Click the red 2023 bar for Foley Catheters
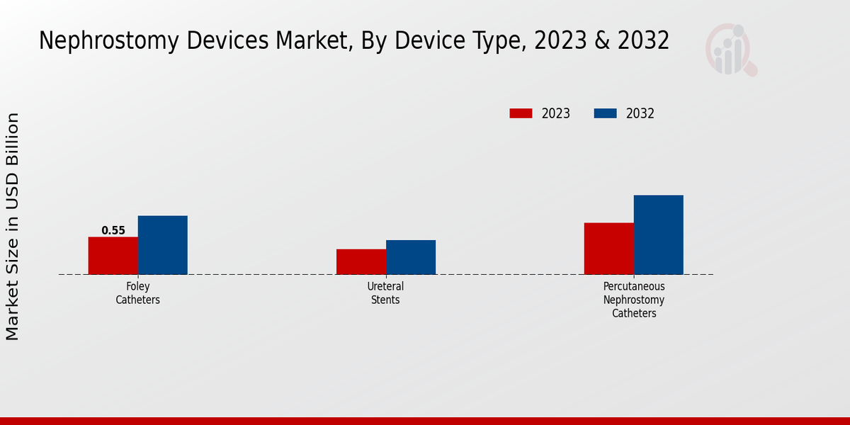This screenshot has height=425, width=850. click(113, 256)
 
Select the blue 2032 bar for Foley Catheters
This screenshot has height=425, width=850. click(162, 245)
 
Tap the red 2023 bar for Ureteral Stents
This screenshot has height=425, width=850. click(361, 261)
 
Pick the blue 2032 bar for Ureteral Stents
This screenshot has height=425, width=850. click(411, 257)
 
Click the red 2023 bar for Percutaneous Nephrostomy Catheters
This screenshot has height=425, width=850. click(608, 249)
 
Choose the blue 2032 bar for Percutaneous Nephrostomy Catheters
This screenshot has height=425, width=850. click(658, 234)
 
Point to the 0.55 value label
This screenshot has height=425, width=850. click(113, 230)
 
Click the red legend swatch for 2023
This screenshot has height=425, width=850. click(521, 113)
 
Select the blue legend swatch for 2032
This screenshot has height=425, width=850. click(605, 113)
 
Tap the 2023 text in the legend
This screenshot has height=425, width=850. click(556, 113)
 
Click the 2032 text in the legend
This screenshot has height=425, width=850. click(640, 113)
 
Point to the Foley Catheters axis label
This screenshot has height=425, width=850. click(138, 293)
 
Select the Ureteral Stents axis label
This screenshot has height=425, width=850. click(386, 293)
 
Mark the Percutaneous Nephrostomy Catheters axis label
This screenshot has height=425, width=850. click(634, 300)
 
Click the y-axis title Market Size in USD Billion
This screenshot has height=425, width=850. click(13, 227)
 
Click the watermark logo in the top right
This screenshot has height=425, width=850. click(730, 50)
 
